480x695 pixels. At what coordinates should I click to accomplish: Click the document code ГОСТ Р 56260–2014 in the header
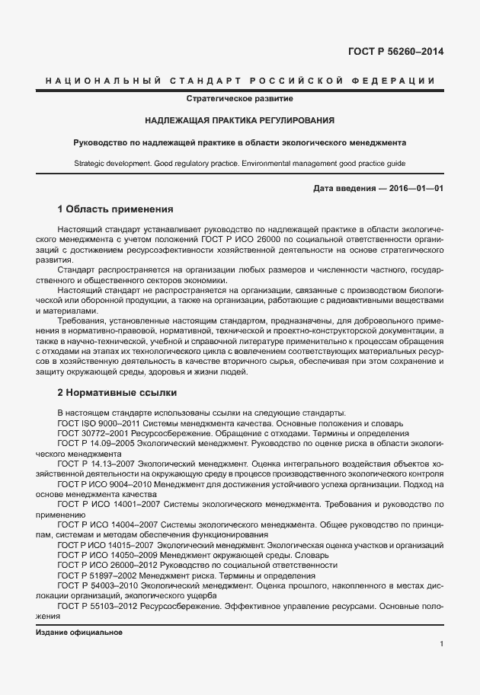395,52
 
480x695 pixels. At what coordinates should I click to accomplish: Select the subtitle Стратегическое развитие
240,99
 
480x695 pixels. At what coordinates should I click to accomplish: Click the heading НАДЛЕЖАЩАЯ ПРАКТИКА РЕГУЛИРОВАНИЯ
240,120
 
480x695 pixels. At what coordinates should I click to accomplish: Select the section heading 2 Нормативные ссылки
117,394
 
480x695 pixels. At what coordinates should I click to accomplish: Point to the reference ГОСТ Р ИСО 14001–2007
105,504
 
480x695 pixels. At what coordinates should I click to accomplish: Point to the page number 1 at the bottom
441,644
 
